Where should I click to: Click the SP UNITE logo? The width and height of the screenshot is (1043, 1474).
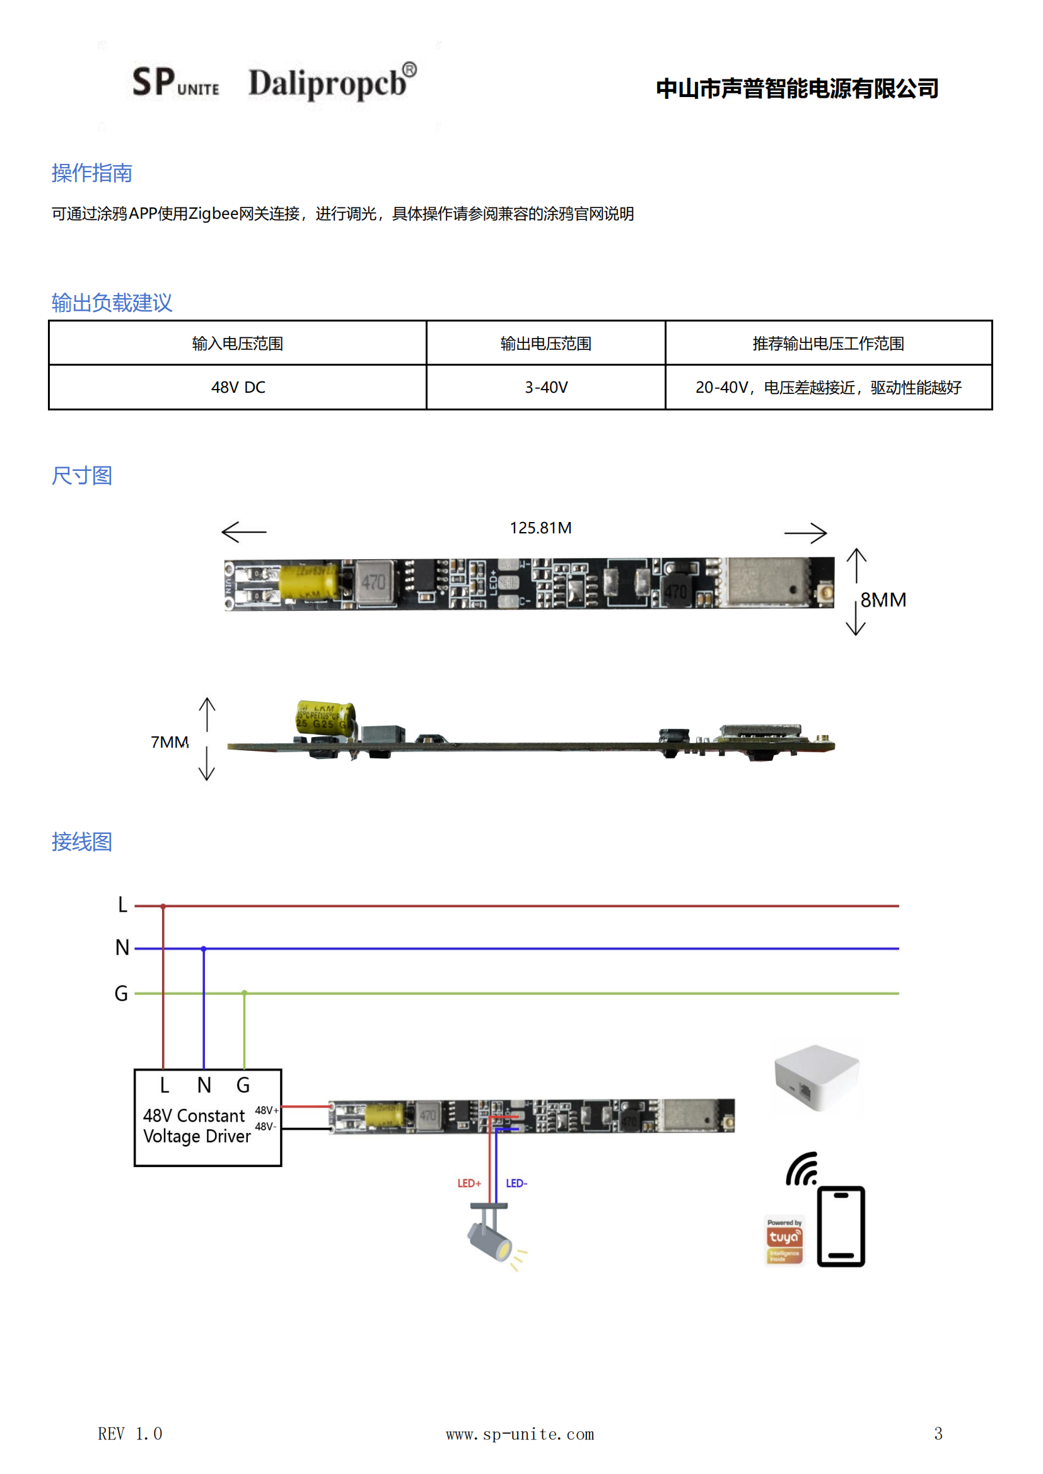(x=175, y=83)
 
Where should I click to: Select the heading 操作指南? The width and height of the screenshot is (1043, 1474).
(x=92, y=173)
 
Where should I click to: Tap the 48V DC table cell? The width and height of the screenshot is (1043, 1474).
(x=238, y=388)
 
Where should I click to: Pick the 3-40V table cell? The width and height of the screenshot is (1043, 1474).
(x=546, y=388)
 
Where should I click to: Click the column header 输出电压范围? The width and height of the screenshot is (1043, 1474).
(x=546, y=344)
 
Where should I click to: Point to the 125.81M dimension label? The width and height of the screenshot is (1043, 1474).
(x=540, y=528)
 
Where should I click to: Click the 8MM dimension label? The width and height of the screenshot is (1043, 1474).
(x=883, y=600)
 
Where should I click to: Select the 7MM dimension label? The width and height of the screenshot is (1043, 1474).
(x=170, y=743)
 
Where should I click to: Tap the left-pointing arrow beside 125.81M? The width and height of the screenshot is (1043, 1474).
(x=244, y=531)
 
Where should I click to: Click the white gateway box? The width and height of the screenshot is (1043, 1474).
(x=816, y=1078)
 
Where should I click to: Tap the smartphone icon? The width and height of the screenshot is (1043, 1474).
(x=841, y=1226)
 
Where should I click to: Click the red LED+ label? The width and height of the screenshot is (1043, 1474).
(x=469, y=1183)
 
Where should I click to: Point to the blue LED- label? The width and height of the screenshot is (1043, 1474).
(x=516, y=1183)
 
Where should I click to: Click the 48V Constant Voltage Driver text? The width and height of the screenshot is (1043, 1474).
(x=196, y=1126)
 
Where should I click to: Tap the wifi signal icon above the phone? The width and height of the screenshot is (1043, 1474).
(x=802, y=1169)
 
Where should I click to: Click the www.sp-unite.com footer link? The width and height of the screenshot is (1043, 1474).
(x=520, y=1434)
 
